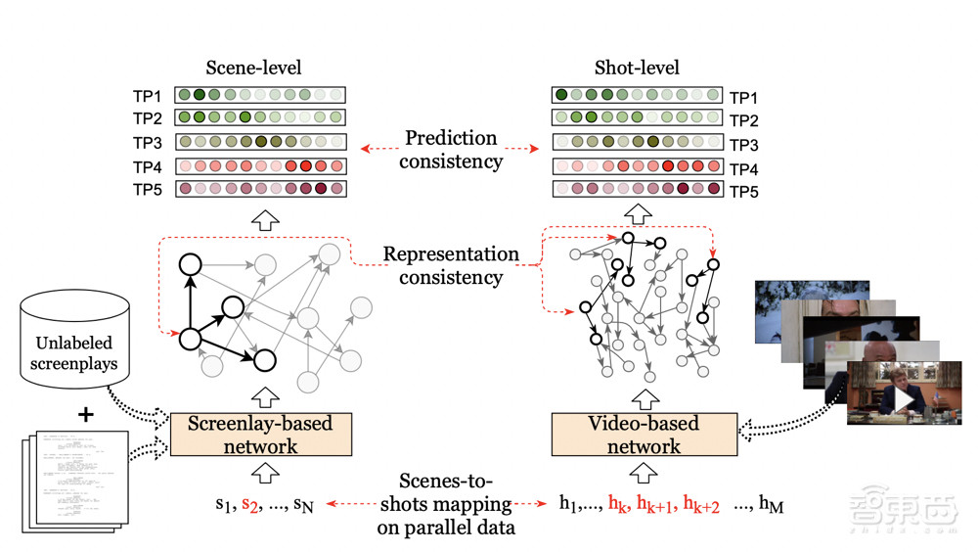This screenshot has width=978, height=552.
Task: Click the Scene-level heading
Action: (253, 68)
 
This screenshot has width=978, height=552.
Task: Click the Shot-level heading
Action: (637, 68)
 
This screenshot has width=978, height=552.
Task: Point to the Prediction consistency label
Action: (450, 149)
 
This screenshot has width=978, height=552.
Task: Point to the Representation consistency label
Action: (451, 265)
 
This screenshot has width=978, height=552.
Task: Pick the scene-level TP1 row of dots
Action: (260, 96)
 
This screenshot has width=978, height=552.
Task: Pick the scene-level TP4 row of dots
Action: (260, 165)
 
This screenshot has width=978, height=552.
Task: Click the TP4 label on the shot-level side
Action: (744, 168)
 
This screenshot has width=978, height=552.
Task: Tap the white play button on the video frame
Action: (905, 401)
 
